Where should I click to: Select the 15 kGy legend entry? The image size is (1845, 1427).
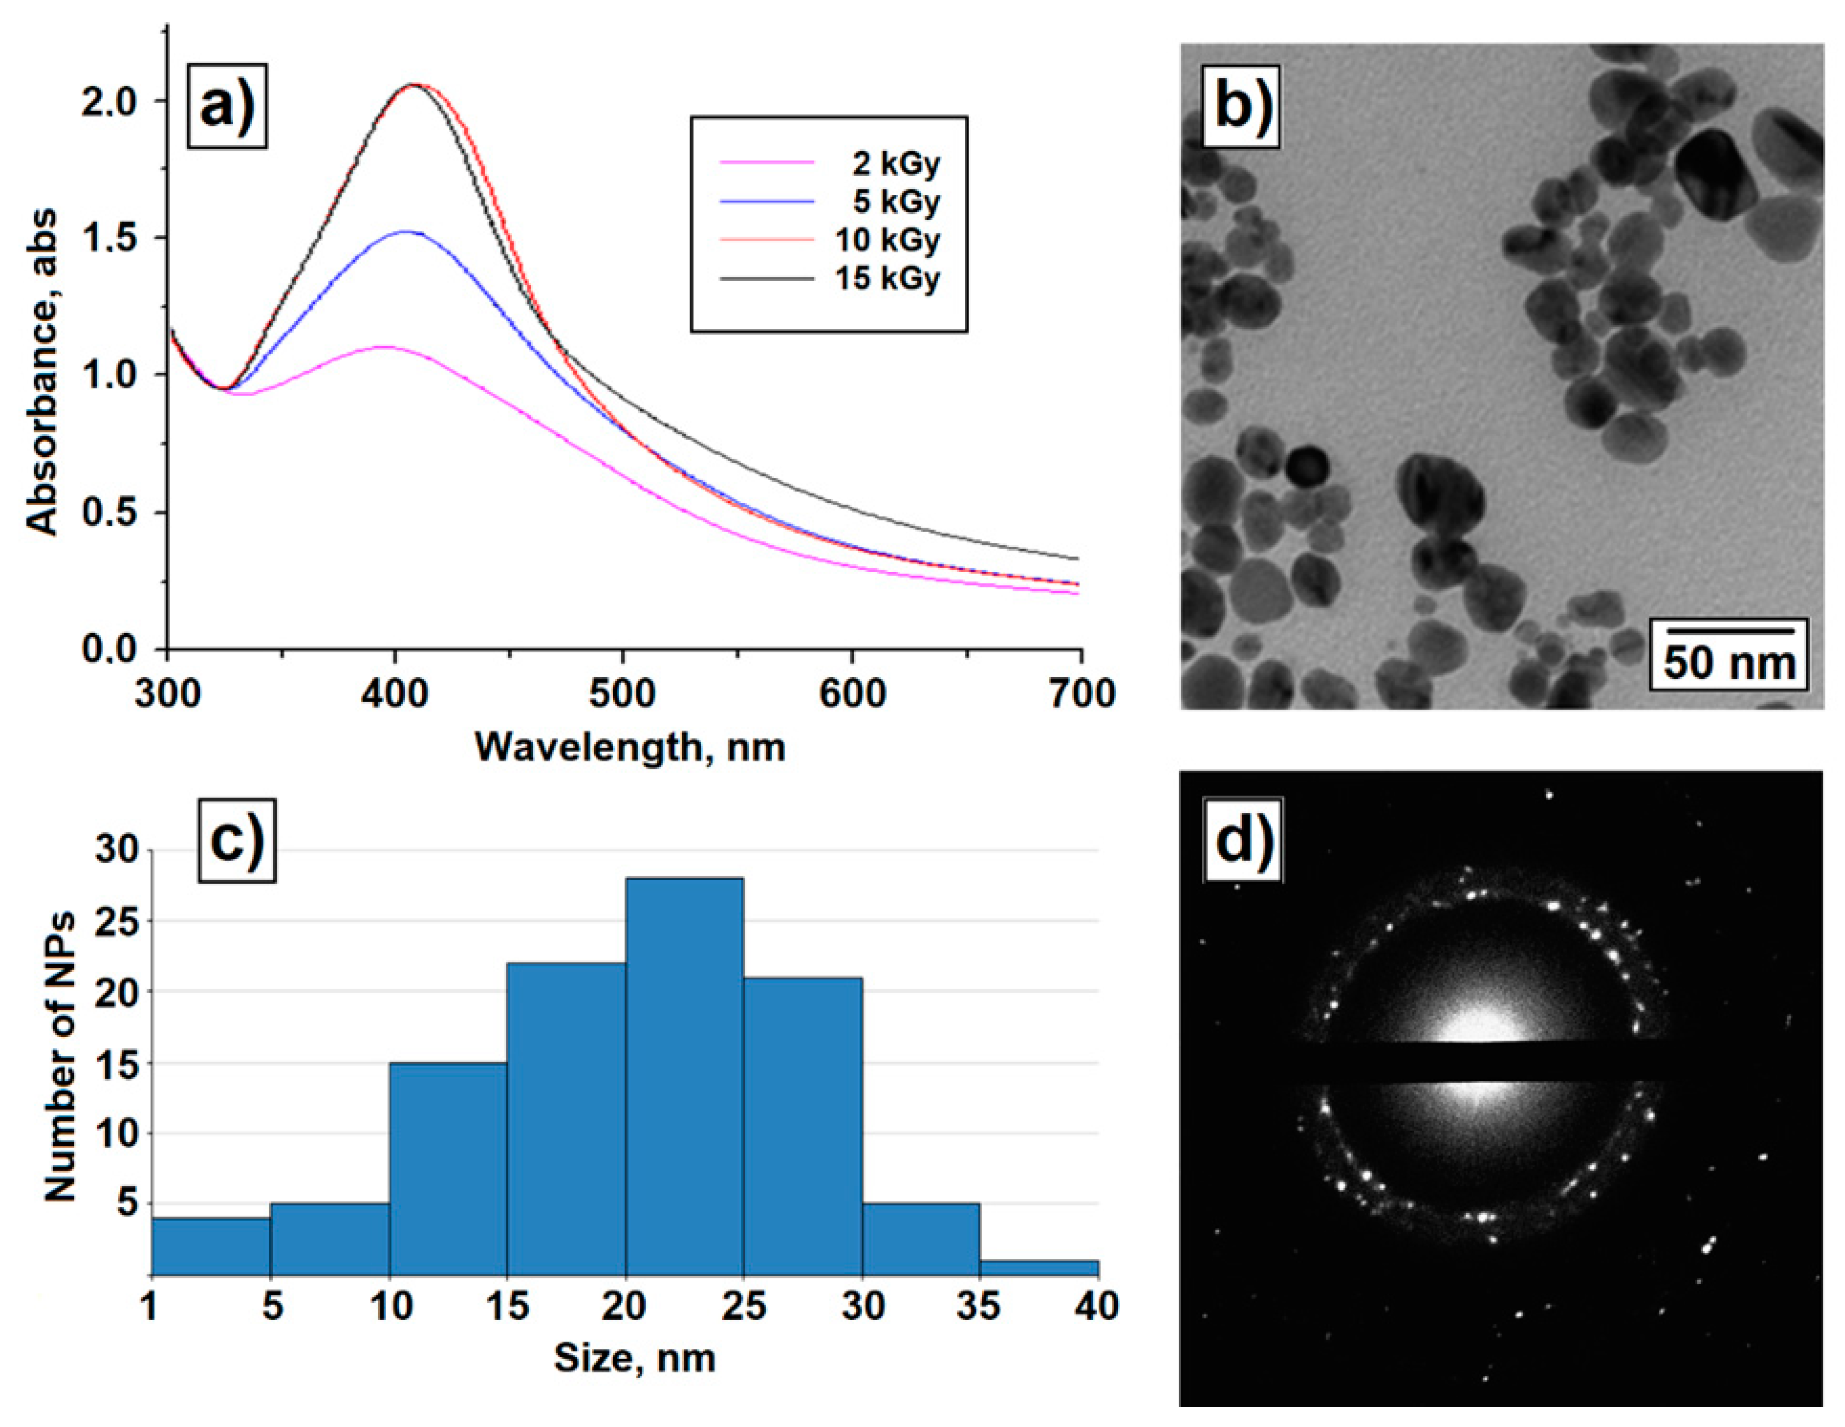[887, 278]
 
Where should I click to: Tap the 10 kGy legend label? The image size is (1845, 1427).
[887, 240]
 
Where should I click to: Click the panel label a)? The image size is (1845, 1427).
[226, 106]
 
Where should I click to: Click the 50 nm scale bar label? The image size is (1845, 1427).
[1728, 663]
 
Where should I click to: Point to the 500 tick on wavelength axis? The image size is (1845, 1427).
[622, 693]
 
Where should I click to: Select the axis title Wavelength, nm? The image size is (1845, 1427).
[629, 747]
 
